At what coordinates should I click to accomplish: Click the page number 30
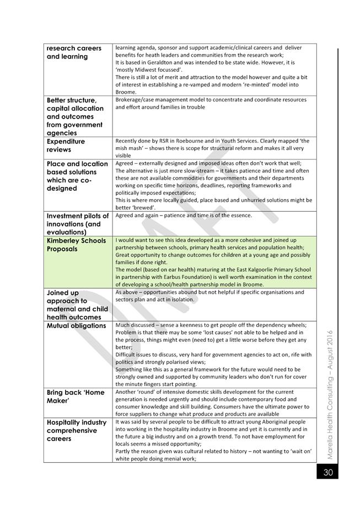327,472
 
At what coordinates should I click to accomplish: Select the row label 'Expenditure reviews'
67,146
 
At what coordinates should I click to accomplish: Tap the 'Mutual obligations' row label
76,325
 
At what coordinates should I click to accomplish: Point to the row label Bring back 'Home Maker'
76,397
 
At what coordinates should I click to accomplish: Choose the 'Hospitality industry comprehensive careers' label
77,430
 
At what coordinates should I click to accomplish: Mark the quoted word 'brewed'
139,207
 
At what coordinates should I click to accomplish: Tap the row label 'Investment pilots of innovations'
78,224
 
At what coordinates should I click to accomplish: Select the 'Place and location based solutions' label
77,176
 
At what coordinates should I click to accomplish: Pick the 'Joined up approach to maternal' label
77,305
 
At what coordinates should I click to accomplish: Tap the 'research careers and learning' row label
74,52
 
